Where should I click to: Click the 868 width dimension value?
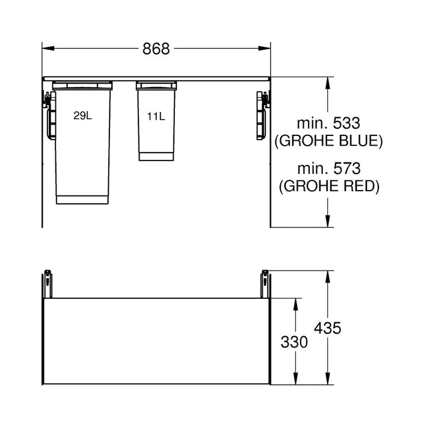pyautogui.click(x=156, y=49)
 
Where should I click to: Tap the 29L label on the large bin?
pyautogui.click(x=83, y=116)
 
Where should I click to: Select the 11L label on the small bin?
pyautogui.click(x=155, y=116)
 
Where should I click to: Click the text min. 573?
pyautogui.click(x=328, y=169)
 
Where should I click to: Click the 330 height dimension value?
pyautogui.click(x=294, y=342)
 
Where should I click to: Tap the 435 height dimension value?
pyautogui.click(x=328, y=328)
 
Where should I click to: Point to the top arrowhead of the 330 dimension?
pyautogui.click(x=295, y=301)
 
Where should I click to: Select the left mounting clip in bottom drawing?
pyautogui.click(x=47, y=282)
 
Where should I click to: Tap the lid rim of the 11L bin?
pyautogui.click(x=156, y=85)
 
